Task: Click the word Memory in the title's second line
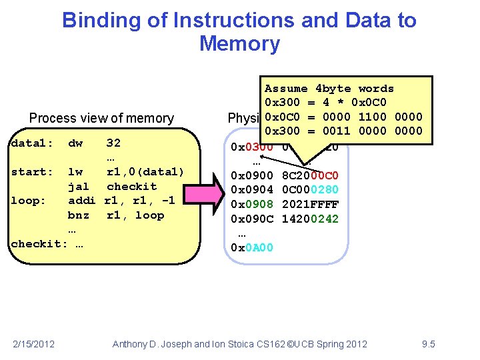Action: (x=239, y=44)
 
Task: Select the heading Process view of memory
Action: (x=101, y=119)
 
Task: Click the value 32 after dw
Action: (x=113, y=143)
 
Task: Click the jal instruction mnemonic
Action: (x=79, y=187)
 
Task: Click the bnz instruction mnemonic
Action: (x=79, y=215)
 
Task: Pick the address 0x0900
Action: (x=251, y=175)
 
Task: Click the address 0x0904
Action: (x=251, y=190)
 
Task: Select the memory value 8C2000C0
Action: (x=311, y=175)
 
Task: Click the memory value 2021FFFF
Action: (x=311, y=205)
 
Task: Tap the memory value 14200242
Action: (x=311, y=219)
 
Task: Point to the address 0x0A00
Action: (x=251, y=248)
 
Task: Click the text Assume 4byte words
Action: (x=329, y=89)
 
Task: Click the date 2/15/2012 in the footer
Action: (x=34, y=344)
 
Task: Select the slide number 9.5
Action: (x=428, y=344)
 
